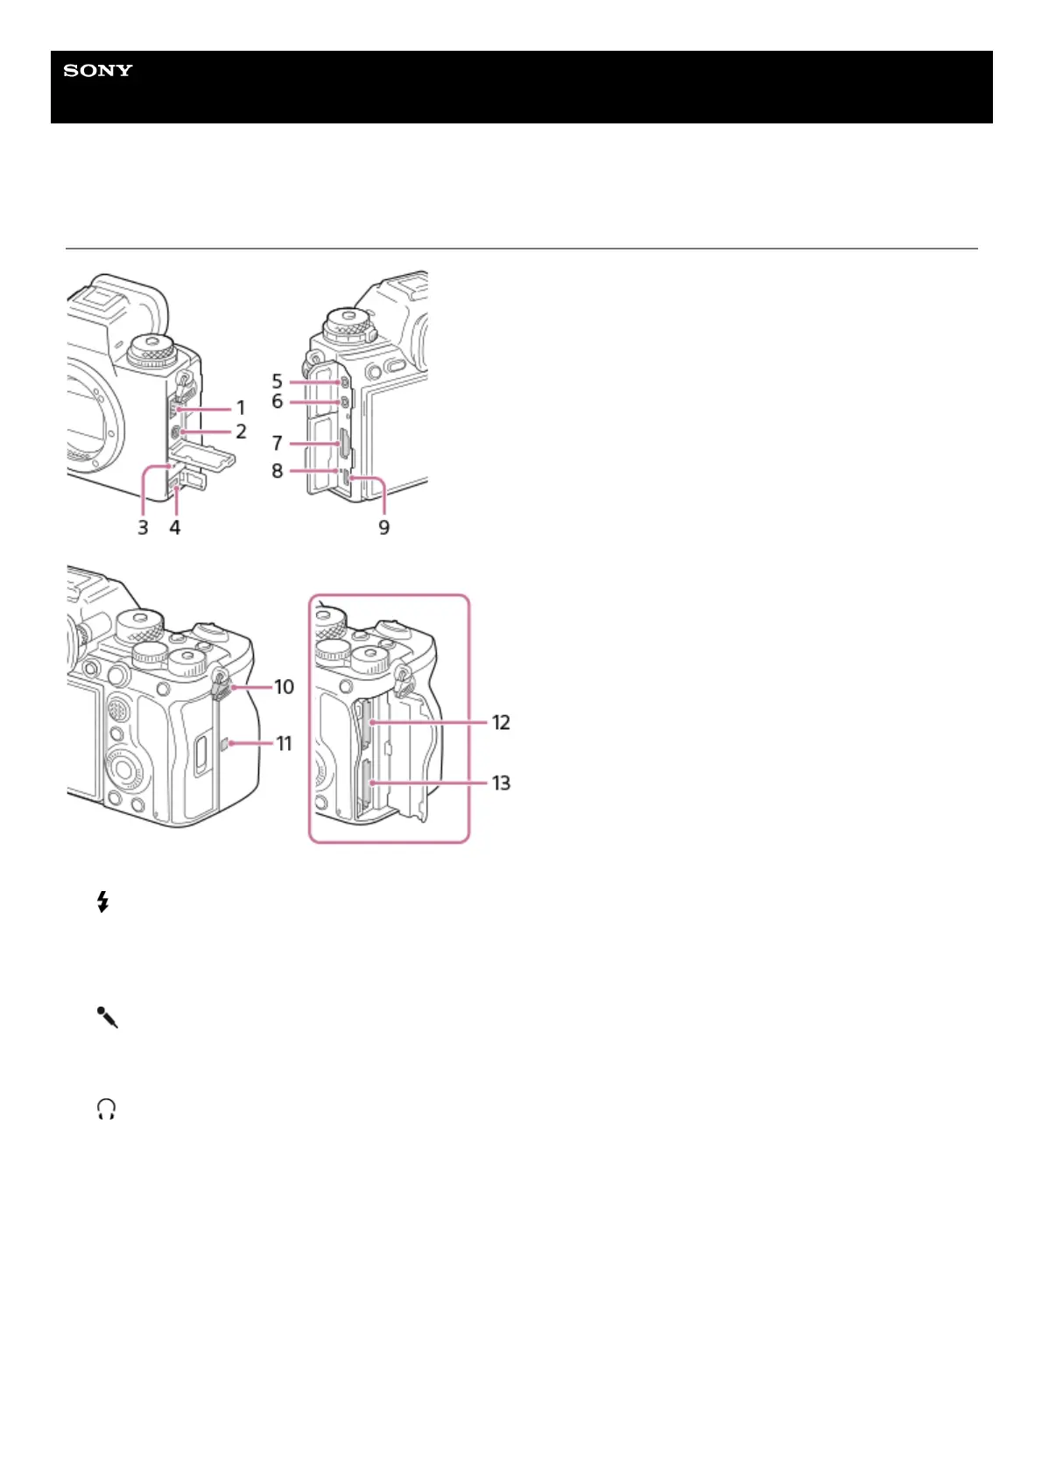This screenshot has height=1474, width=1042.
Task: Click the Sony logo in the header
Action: tap(98, 71)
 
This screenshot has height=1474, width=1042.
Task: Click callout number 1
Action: tap(241, 408)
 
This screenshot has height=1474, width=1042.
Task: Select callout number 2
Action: tap(241, 432)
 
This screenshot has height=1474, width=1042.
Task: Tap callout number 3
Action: tap(143, 527)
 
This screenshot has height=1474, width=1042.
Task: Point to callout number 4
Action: tap(175, 527)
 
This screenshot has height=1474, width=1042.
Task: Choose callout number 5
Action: tap(277, 382)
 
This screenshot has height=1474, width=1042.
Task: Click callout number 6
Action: tap(277, 402)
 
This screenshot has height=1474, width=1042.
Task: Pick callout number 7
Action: tap(277, 444)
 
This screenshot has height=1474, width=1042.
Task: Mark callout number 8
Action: tap(277, 471)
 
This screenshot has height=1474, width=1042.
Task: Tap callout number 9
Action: tap(384, 527)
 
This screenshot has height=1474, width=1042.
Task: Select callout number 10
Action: tap(284, 687)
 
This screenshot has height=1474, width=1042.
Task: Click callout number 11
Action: tap(284, 744)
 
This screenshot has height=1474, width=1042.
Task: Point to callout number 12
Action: tap(501, 723)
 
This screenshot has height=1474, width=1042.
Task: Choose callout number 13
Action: tap(501, 783)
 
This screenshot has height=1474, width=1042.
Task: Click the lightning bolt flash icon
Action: tap(103, 902)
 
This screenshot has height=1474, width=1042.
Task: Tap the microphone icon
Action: tap(107, 1017)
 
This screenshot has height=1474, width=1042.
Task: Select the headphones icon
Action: tap(107, 1111)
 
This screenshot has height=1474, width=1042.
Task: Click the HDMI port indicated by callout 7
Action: tap(345, 445)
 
